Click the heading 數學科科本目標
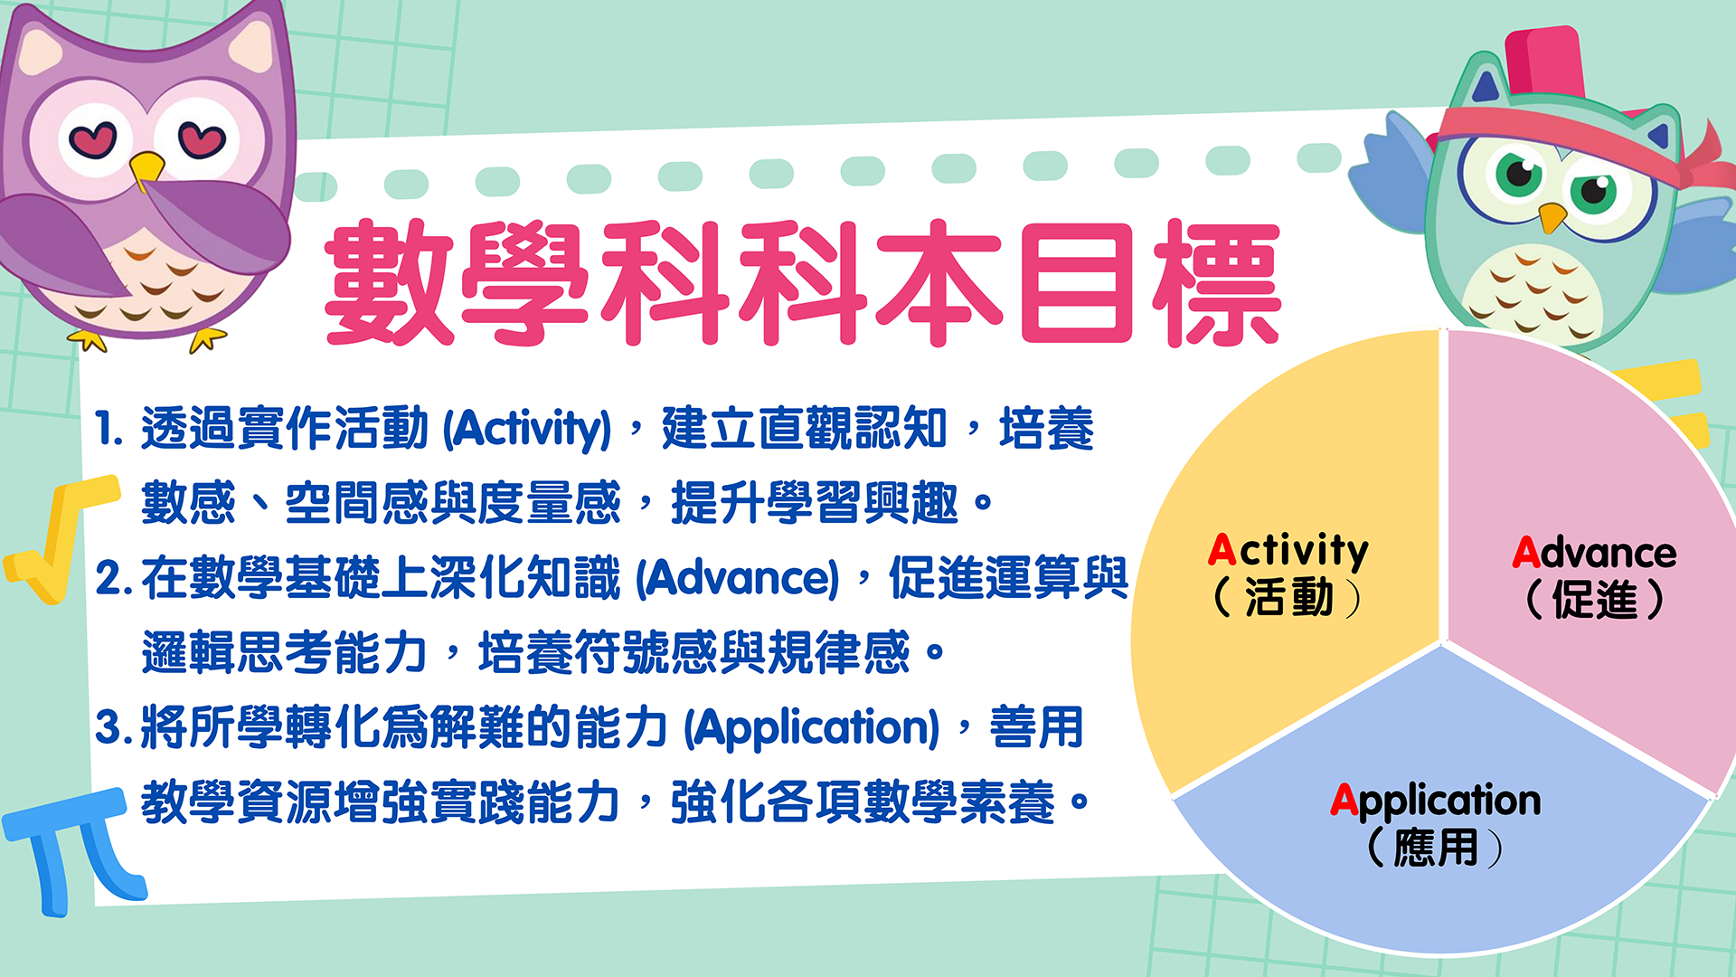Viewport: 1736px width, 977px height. (x=803, y=282)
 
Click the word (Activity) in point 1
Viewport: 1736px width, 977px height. (x=527, y=429)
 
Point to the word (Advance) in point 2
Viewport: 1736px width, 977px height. (x=738, y=578)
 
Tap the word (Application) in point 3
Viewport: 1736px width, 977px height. (x=812, y=728)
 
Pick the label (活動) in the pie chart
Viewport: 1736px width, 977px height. (x=1288, y=598)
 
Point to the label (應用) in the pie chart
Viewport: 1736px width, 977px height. (x=1435, y=848)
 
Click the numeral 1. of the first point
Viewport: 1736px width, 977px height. (x=108, y=429)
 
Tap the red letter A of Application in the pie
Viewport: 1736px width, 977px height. (x=1344, y=800)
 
